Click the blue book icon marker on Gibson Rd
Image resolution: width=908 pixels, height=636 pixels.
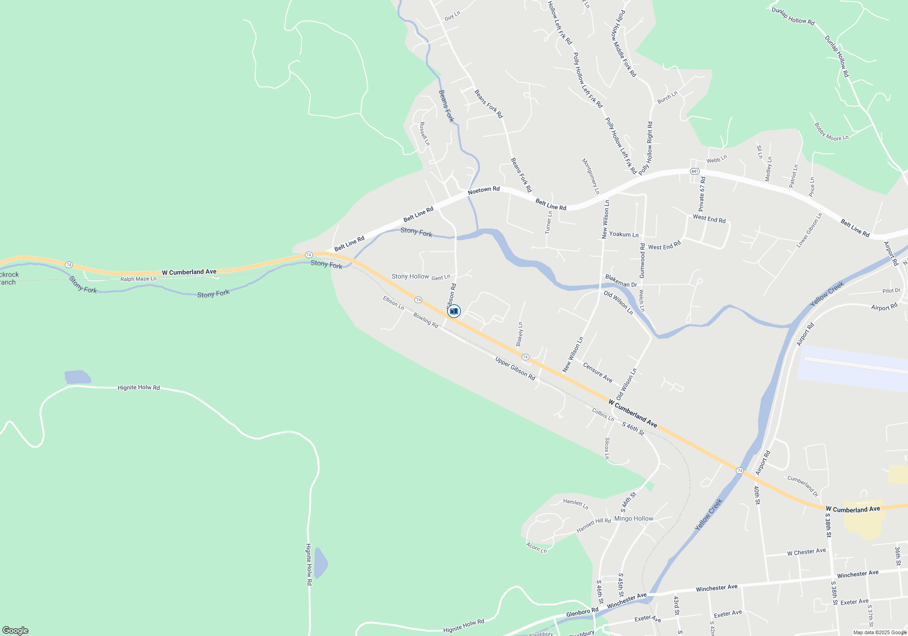coord(454,311)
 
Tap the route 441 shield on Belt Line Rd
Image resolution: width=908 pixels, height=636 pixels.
coord(695,171)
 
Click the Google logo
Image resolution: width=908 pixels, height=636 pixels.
coord(15,630)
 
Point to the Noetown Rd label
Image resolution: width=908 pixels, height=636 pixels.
coord(484,190)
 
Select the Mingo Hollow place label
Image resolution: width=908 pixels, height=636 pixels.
coord(633,518)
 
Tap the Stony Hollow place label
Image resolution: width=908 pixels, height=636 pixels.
coord(410,276)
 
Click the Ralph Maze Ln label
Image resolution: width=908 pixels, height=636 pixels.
coord(138,279)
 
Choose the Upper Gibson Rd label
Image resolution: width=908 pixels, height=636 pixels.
coord(515,368)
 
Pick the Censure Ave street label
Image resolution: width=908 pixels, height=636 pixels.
coord(597,373)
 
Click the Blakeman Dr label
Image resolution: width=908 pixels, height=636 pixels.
coord(621,281)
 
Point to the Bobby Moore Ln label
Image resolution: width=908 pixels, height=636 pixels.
coord(831,132)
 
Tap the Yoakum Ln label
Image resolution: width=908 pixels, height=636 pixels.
coord(623,234)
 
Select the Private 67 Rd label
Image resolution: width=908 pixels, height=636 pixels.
coord(702,194)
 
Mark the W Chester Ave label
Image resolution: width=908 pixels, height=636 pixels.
coord(806,552)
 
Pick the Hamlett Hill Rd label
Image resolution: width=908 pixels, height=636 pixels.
coord(593,525)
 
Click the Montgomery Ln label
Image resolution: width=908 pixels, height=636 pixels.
coord(591,176)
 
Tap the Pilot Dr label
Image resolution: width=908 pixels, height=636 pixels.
coord(891,291)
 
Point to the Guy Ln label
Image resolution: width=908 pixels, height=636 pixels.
coord(452,16)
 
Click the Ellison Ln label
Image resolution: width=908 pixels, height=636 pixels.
coord(393,303)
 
